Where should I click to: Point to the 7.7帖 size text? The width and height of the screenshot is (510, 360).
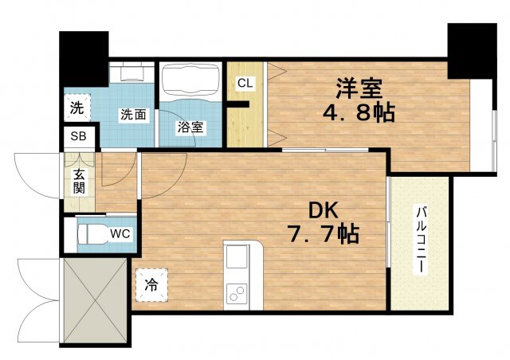pyautogui.click(x=324, y=235)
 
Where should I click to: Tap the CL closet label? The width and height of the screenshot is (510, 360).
pyautogui.click(x=245, y=82)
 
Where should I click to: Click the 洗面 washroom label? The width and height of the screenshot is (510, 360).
pyautogui.click(x=132, y=115)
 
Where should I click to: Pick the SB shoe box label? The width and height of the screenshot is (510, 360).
pyautogui.click(x=78, y=136)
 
